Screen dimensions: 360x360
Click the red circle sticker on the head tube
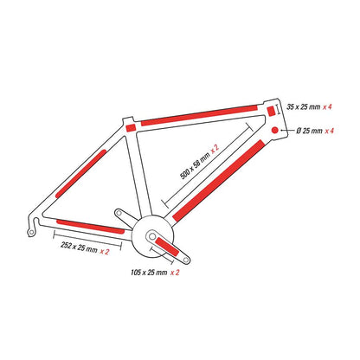(275, 130)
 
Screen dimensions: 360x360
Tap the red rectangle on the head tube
(271, 111)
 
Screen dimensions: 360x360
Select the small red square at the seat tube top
(131, 127)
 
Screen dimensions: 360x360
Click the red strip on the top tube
(199, 115)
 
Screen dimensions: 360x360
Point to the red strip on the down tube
(218, 181)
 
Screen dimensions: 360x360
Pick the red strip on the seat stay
(80, 174)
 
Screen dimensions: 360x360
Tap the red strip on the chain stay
(91, 227)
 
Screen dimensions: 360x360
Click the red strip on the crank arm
(167, 247)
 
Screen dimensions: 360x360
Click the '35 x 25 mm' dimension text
(304, 107)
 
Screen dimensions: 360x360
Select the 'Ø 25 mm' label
(309, 131)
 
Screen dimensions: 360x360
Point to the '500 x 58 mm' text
(195, 165)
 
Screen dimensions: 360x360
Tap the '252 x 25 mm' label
(79, 247)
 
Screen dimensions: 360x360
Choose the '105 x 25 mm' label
(149, 273)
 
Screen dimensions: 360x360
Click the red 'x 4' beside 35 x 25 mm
(327, 107)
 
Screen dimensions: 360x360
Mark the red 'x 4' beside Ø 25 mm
(330, 131)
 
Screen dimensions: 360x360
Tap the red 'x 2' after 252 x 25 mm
(105, 252)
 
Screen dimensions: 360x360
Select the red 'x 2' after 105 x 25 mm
(175, 273)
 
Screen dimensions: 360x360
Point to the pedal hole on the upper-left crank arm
(119, 213)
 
